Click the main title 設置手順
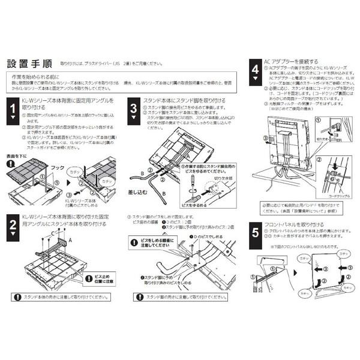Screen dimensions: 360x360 [31, 64]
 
